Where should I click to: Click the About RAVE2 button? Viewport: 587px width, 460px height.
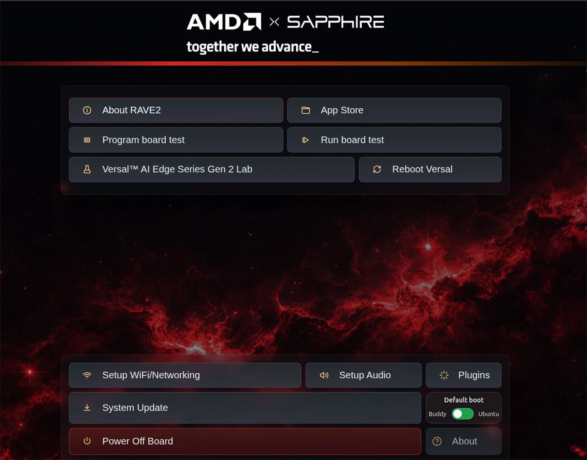(x=176, y=110)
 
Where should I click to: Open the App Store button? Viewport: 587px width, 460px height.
(x=394, y=110)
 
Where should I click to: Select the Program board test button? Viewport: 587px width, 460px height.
(x=176, y=140)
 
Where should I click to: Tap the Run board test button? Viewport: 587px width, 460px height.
(x=394, y=140)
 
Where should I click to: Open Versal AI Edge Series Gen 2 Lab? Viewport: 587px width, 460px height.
(x=211, y=169)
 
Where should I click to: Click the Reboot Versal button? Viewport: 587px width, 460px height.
(x=430, y=169)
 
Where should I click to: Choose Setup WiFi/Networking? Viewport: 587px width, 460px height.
(x=185, y=375)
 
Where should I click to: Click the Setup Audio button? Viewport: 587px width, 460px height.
(x=363, y=375)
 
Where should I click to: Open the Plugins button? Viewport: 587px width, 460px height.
(x=464, y=375)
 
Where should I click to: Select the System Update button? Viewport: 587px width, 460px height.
(x=245, y=408)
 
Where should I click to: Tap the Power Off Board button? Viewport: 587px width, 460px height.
(x=245, y=441)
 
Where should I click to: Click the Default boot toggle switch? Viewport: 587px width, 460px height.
(x=463, y=414)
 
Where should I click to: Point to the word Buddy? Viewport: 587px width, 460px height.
(x=437, y=414)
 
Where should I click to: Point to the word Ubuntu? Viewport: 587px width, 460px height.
(x=488, y=414)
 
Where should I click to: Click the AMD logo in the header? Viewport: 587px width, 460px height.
(x=224, y=22)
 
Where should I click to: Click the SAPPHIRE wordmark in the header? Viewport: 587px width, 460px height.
(x=336, y=22)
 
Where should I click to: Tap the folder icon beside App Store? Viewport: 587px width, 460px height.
(x=305, y=110)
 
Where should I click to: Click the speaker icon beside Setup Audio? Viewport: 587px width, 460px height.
(x=324, y=375)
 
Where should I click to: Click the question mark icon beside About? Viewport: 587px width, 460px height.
(x=437, y=441)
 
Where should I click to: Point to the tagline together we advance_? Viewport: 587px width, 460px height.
(x=253, y=47)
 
